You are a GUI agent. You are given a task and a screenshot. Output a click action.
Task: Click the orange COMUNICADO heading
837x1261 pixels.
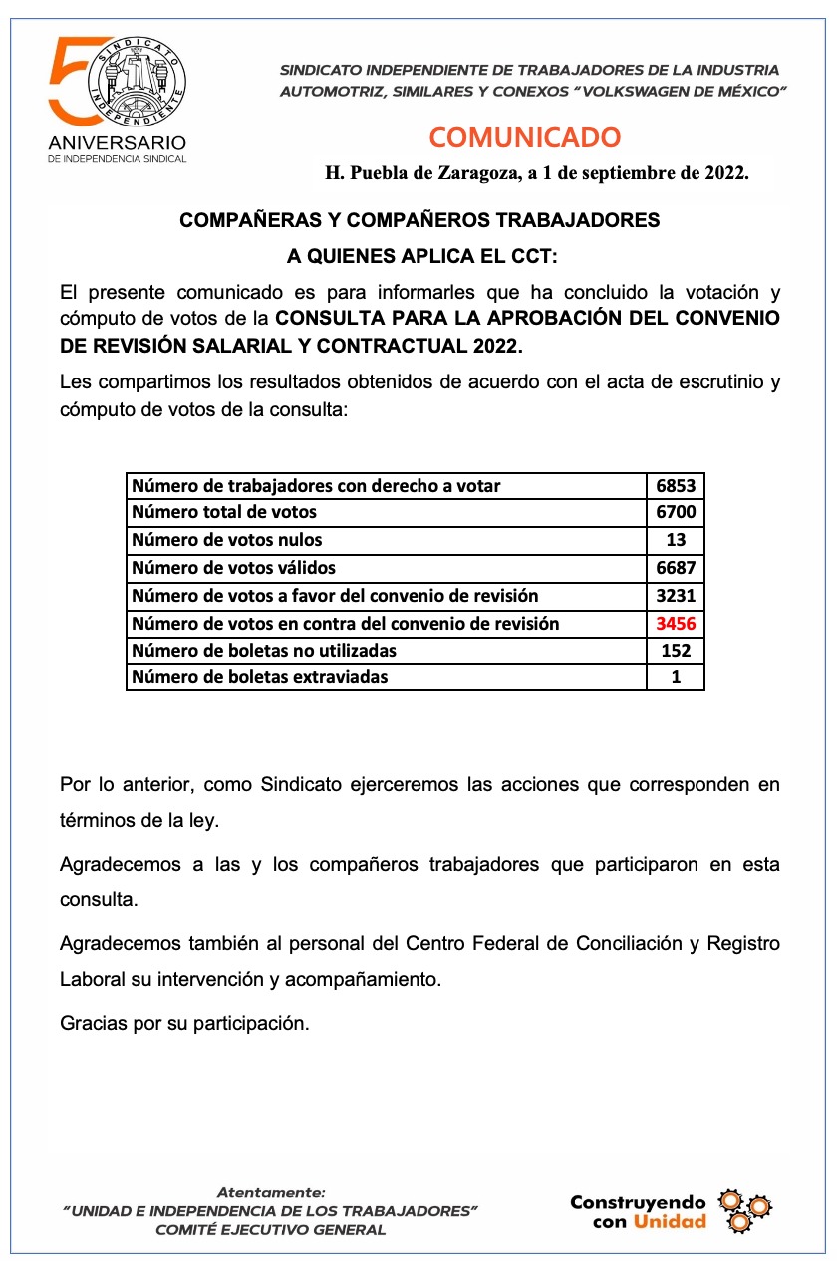pos(524,137)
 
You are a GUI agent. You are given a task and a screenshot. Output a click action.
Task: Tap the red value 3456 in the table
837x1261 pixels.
pos(675,624)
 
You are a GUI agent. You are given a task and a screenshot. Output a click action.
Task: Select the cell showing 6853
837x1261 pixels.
pos(675,486)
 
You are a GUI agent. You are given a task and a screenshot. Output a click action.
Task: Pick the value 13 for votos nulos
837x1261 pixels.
pos(675,540)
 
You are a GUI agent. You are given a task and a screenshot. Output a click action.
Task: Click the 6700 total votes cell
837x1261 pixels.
pos(675,513)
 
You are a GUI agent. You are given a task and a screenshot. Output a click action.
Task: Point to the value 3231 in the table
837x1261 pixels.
pos(675,596)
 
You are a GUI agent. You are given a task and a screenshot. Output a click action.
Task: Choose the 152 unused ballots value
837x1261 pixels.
pos(675,651)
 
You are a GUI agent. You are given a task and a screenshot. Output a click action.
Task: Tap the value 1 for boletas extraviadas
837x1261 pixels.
pos(675,677)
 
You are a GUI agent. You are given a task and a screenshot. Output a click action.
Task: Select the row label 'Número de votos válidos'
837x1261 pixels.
pos(233,568)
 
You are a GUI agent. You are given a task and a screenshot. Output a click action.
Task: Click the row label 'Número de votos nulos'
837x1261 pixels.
pos(226,540)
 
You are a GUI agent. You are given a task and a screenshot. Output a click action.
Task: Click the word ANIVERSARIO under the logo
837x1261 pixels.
pos(117,143)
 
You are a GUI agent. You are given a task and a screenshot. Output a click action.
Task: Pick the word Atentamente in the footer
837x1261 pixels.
pos(270,1191)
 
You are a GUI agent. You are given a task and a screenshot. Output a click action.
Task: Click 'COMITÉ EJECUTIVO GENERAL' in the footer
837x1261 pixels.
pos(270,1229)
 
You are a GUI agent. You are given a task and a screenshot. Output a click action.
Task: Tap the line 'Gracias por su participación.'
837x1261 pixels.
pos(184,1022)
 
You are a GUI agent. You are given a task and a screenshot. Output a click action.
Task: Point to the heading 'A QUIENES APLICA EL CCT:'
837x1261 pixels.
pos(422,256)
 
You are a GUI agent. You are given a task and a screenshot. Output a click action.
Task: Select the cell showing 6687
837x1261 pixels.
pos(675,568)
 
